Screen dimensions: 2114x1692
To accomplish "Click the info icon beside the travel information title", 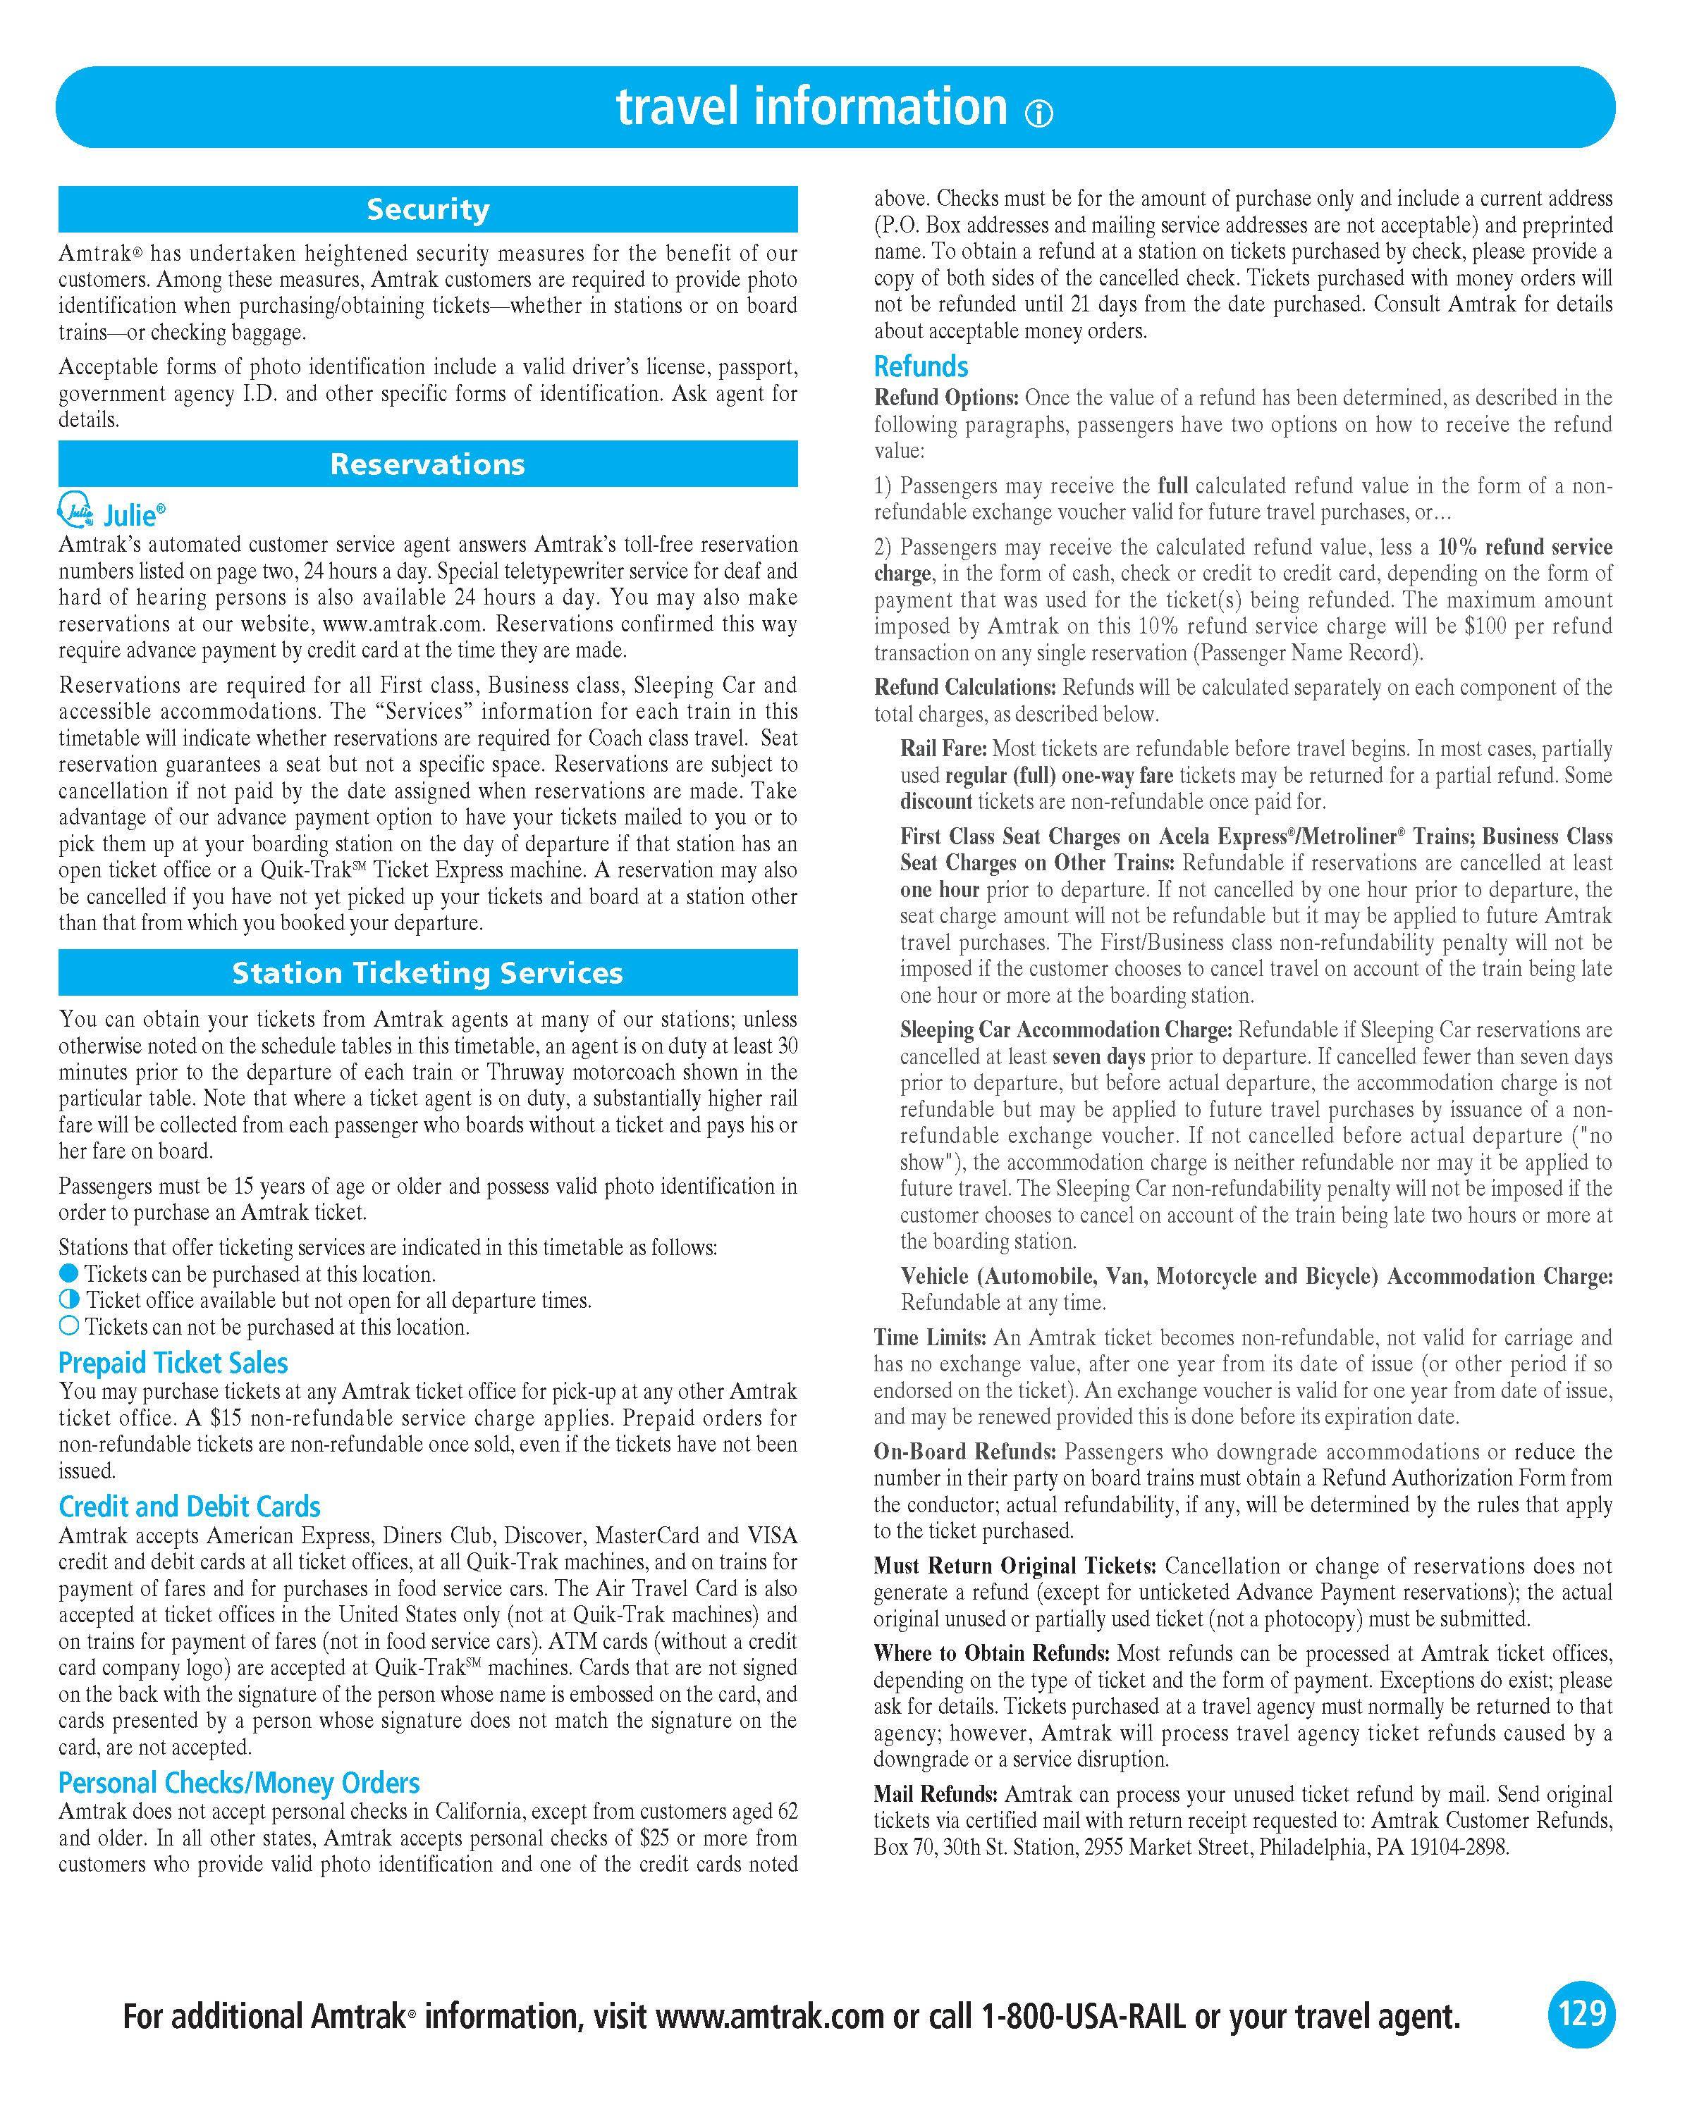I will pyautogui.click(x=1038, y=115).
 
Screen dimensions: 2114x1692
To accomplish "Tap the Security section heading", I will pyautogui.click(x=428, y=209).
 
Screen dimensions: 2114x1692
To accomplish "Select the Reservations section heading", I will pyautogui.click(x=428, y=464).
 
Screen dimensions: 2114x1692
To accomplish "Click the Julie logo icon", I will pyautogui.click(x=78, y=510).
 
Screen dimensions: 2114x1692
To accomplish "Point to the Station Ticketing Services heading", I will pyautogui.click(x=428, y=972).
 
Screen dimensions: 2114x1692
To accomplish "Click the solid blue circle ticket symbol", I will pyautogui.click(x=68, y=1274).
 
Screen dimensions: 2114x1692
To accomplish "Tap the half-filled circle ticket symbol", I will pyautogui.click(x=68, y=1300).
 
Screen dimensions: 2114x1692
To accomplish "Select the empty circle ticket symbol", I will pyautogui.click(x=68, y=1327).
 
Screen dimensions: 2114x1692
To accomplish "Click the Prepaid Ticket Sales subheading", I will pyautogui.click(x=173, y=1362).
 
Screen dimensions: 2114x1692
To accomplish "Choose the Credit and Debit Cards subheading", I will pyautogui.click(x=190, y=1506).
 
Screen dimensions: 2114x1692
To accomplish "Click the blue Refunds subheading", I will pyautogui.click(x=921, y=366).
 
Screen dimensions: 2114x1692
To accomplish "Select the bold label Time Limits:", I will pyautogui.click(x=930, y=1337).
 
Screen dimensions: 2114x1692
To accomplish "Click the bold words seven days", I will pyautogui.click(x=1098, y=1057).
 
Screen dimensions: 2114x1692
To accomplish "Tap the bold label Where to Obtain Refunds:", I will pyautogui.click(x=992, y=1653).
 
